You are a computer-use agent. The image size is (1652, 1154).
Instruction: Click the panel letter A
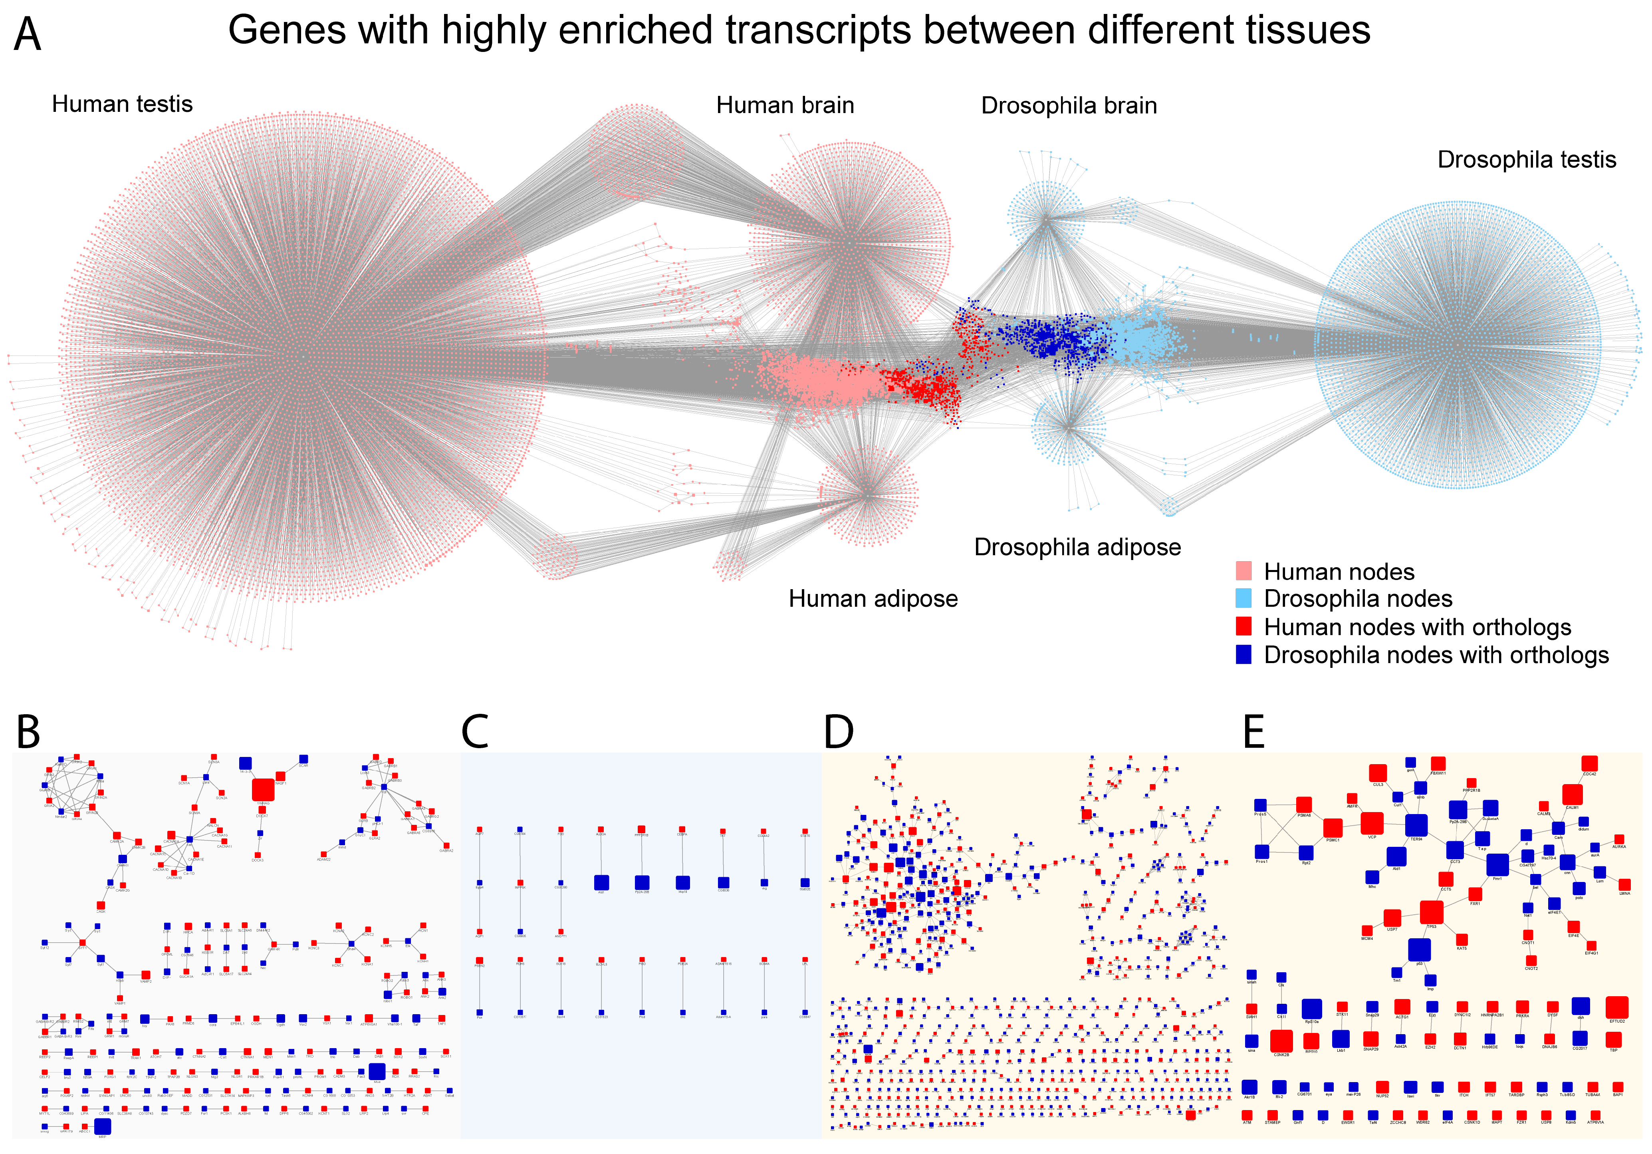click(27, 35)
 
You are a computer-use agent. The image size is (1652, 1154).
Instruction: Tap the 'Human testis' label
click(122, 104)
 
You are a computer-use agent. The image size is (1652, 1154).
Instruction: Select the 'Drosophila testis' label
click(1526, 160)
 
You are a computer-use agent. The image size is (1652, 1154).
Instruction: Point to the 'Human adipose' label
click(873, 599)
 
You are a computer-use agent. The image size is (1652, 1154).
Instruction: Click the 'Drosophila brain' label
click(1069, 106)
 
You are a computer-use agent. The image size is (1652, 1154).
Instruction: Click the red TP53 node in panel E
click(1431, 912)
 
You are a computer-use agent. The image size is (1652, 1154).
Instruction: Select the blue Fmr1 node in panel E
click(1497, 864)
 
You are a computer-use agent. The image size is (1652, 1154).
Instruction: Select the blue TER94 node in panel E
click(1416, 825)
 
